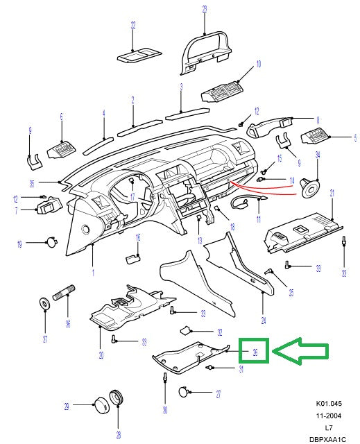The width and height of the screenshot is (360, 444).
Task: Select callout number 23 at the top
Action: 205,8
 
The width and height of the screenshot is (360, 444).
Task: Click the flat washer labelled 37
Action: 44,304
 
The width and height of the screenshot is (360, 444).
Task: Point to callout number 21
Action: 332,192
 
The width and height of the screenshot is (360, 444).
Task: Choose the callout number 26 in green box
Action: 255,352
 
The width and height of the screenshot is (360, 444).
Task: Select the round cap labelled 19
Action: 51,242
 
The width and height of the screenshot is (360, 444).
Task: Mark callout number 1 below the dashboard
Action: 92,273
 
